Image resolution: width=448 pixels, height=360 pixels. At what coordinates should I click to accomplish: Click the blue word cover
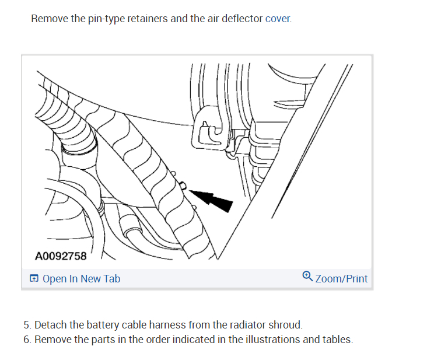[278, 19]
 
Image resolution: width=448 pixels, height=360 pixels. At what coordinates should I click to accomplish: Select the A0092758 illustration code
[61, 256]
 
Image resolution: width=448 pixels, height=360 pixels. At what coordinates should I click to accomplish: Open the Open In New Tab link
[81, 279]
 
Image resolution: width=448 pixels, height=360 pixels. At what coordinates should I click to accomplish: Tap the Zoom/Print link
[341, 279]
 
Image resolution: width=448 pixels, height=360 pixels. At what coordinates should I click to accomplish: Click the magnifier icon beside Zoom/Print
[307, 277]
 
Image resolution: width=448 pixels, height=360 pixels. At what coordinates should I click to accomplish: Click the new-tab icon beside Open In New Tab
[34, 279]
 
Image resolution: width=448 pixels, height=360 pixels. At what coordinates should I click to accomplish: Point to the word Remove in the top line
[50, 19]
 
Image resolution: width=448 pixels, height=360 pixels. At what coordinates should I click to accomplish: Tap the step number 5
[27, 325]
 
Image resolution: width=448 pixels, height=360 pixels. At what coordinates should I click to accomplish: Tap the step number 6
[27, 340]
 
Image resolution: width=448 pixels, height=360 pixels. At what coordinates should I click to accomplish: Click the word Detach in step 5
[51, 325]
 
